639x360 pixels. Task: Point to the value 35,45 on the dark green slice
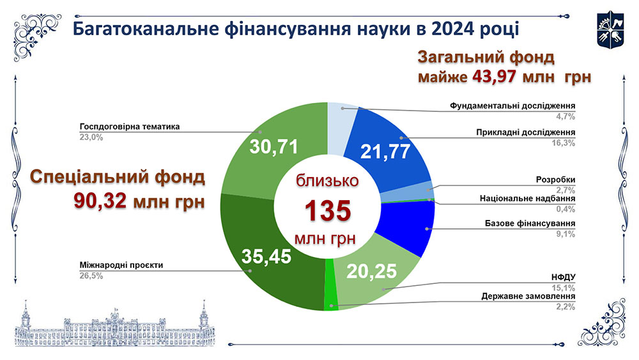[x=266, y=256]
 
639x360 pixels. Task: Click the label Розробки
[x=556, y=180]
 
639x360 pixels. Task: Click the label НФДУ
[x=564, y=278]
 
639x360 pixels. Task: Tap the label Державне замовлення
[x=529, y=296]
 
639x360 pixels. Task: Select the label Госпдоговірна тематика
[x=130, y=127]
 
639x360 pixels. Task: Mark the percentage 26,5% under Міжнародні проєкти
[x=91, y=276]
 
